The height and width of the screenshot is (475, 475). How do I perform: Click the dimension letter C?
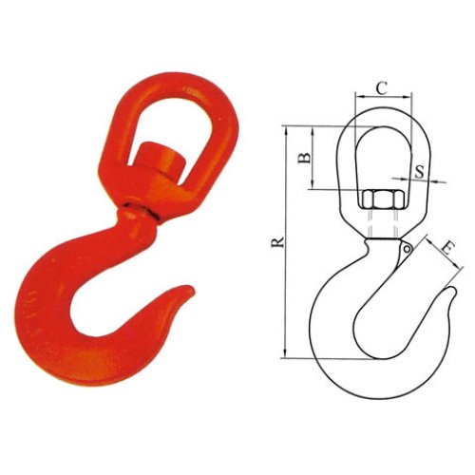pos(381,88)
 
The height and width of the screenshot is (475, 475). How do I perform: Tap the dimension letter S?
pos(419,173)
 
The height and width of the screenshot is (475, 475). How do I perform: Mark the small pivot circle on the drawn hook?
pos(406,249)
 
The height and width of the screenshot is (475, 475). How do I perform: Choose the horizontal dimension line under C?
pos(383,99)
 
